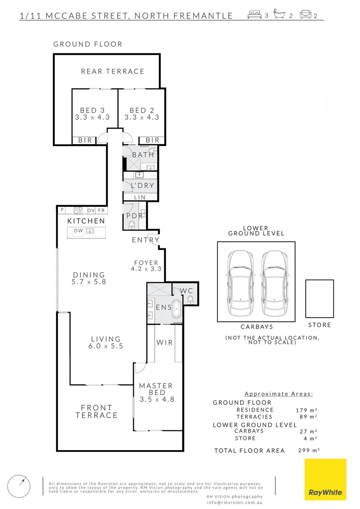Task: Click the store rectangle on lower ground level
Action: click(x=319, y=298)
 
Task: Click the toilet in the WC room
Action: click(x=190, y=299)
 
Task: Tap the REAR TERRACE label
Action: click(x=113, y=72)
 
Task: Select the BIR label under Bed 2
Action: click(x=152, y=140)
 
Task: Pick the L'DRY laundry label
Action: click(x=143, y=186)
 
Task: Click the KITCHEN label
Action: click(x=86, y=221)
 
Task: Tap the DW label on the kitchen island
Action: click(x=78, y=231)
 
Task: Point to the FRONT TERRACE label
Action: click(x=97, y=411)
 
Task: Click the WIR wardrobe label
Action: click(x=165, y=343)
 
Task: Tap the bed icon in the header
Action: click(x=254, y=16)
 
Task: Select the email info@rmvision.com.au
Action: click(x=234, y=502)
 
